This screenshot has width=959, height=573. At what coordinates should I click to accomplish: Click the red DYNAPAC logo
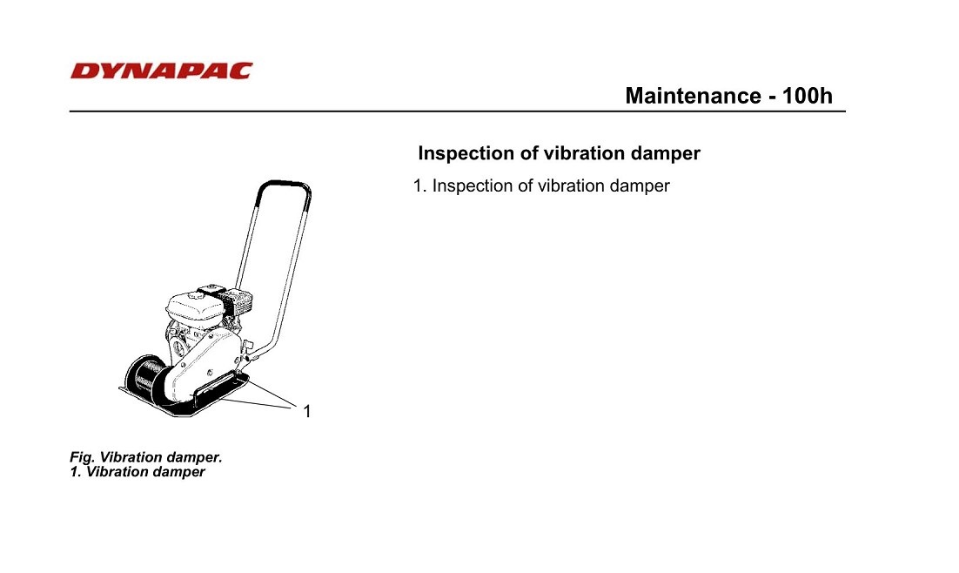click(162, 71)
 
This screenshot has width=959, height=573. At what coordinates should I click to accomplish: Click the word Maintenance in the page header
click(693, 96)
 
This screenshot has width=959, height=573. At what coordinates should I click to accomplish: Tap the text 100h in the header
click(807, 96)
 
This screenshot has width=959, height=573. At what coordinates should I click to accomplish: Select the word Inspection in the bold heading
click(466, 153)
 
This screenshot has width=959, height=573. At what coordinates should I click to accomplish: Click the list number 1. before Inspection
click(419, 185)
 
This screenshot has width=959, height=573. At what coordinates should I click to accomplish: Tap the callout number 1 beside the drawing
click(307, 411)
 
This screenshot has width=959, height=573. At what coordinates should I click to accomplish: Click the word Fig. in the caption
click(82, 457)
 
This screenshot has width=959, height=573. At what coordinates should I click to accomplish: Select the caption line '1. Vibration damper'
click(137, 472)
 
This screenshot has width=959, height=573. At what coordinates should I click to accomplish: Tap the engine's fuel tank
click(194, 305)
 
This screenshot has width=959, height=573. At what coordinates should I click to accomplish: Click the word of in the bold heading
click(529, 153)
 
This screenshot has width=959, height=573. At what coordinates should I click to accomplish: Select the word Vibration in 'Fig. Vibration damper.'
click(131, 457)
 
